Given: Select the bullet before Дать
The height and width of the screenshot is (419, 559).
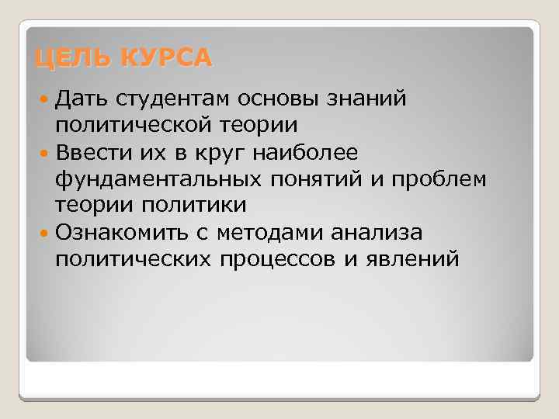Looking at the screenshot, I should tap(44, 99).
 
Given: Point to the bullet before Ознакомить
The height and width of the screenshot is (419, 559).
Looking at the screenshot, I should tap(44, 232).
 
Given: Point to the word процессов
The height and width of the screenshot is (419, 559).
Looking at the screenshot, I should tap(275, 258).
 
